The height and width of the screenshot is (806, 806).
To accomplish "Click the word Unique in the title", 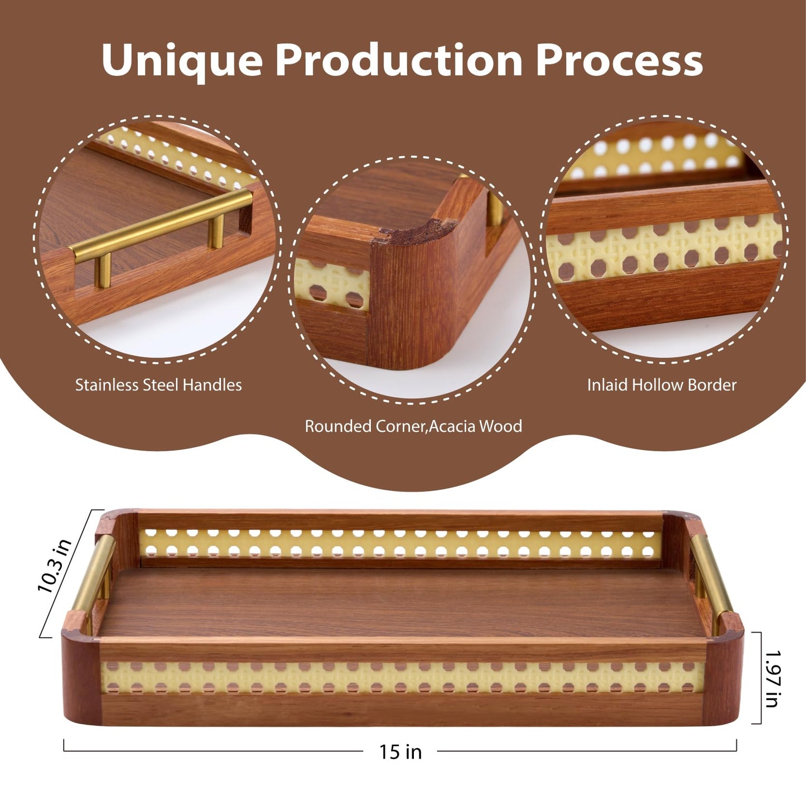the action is click(182, 61).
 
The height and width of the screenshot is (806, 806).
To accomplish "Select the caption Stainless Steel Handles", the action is click(158, 385).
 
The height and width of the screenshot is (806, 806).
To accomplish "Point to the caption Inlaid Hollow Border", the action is click(662, 385).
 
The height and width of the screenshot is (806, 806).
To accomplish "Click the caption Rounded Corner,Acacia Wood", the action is click(413, 426).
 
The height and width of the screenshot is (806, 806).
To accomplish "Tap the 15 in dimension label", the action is click(400, 752).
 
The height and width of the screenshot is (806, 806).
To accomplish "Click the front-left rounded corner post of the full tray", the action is click(81, 678).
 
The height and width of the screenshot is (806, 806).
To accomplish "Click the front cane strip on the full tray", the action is click(402, 677).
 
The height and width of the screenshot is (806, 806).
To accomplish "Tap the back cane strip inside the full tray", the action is click(400, 544).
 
